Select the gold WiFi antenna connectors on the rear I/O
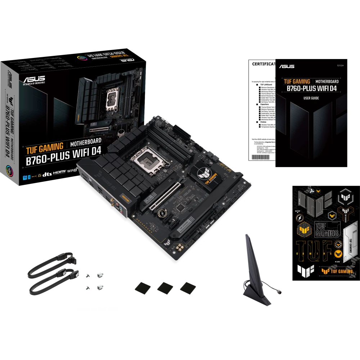tap(113, 206)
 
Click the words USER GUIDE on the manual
tap(311, 98)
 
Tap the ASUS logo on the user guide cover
tap(286, 66)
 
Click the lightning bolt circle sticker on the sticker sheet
tap(299, 218)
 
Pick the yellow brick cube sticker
tap(304, 230)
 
